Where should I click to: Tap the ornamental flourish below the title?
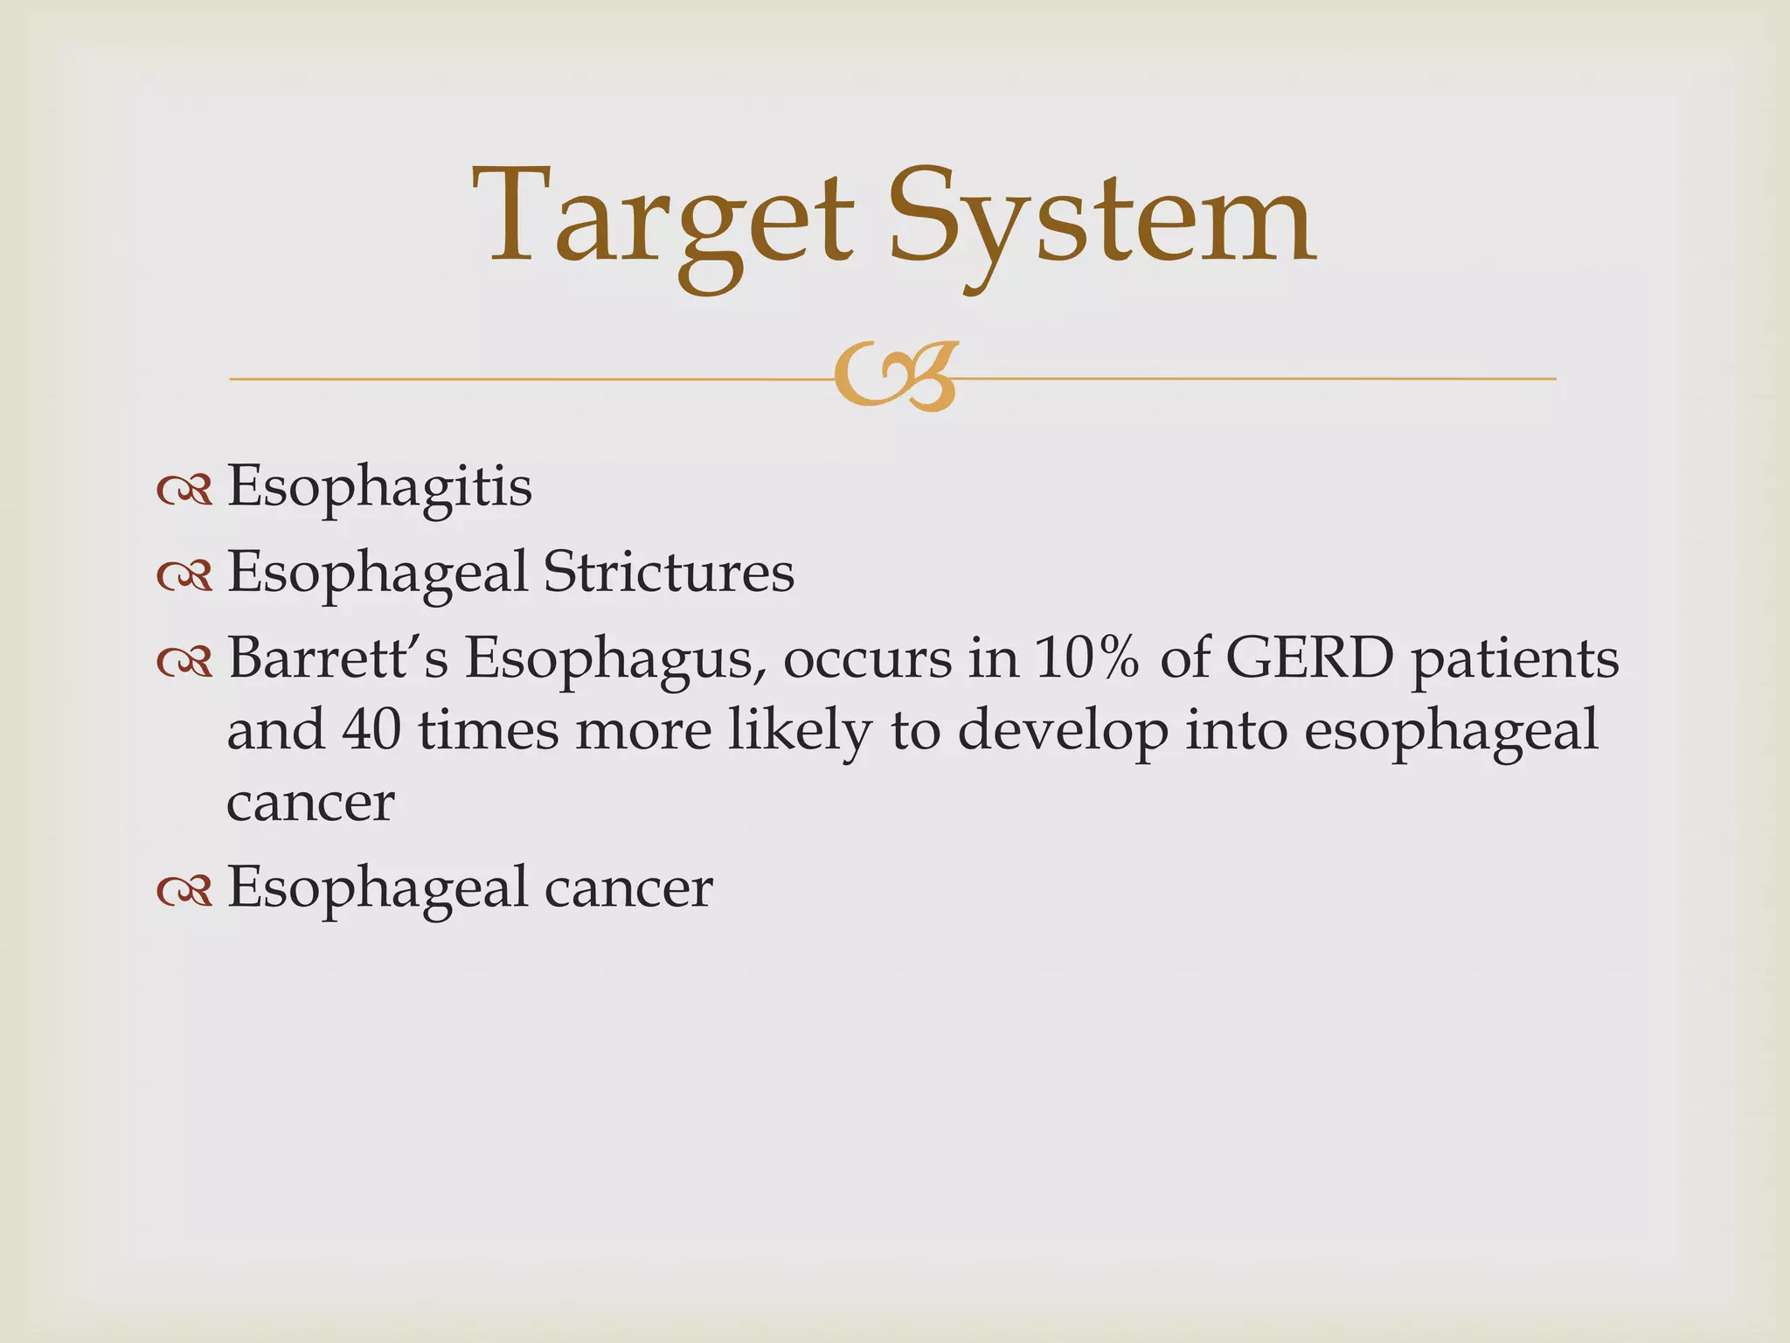(x=895, y=379)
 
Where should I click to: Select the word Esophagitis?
(x=379, y=487)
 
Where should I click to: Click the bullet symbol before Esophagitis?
(x=184, y=491)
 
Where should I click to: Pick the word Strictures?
(x=669, y=573)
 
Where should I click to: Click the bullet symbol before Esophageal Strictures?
(x=184, y=577)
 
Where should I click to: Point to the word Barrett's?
(x=337, y=658)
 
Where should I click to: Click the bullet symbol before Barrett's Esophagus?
(x=184, y=663)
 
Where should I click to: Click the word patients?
(x=1516, y=662)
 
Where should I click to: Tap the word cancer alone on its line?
(x=310, y=803)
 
